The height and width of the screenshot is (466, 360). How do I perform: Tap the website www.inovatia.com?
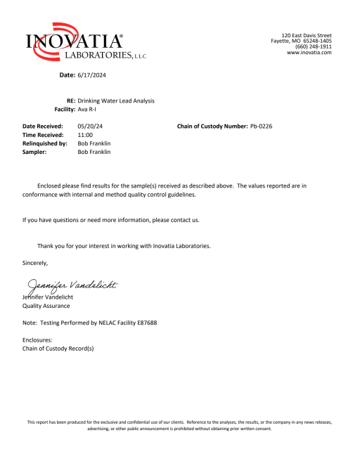309,53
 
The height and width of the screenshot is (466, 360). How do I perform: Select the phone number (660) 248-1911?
314,47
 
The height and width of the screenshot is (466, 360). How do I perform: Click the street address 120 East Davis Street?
307,35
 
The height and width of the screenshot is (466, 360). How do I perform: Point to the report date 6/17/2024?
92,75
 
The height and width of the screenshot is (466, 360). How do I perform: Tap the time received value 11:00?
85,134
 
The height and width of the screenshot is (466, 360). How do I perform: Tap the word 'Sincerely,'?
36,263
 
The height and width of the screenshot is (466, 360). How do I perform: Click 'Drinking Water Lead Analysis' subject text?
116,101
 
